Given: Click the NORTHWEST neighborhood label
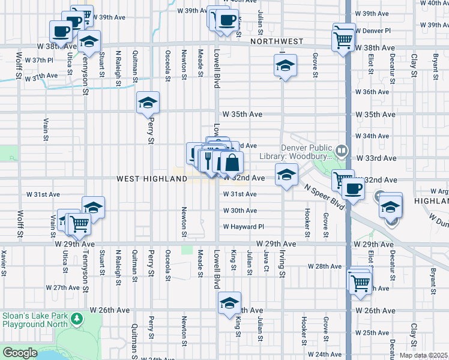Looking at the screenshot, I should (277, 41).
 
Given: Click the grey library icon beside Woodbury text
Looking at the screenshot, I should (342, 149).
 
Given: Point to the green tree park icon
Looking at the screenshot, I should (77, 317).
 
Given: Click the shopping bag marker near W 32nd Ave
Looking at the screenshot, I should (232, 162).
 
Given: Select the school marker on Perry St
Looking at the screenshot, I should (148, 103).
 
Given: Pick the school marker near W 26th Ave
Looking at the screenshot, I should (229, 304).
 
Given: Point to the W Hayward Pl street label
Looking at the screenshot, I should (244, 227).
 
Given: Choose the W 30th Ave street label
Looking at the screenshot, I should (240, 211).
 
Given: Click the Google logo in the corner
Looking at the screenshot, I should (20, 353).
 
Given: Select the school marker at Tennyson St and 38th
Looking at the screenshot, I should (89, 42).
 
